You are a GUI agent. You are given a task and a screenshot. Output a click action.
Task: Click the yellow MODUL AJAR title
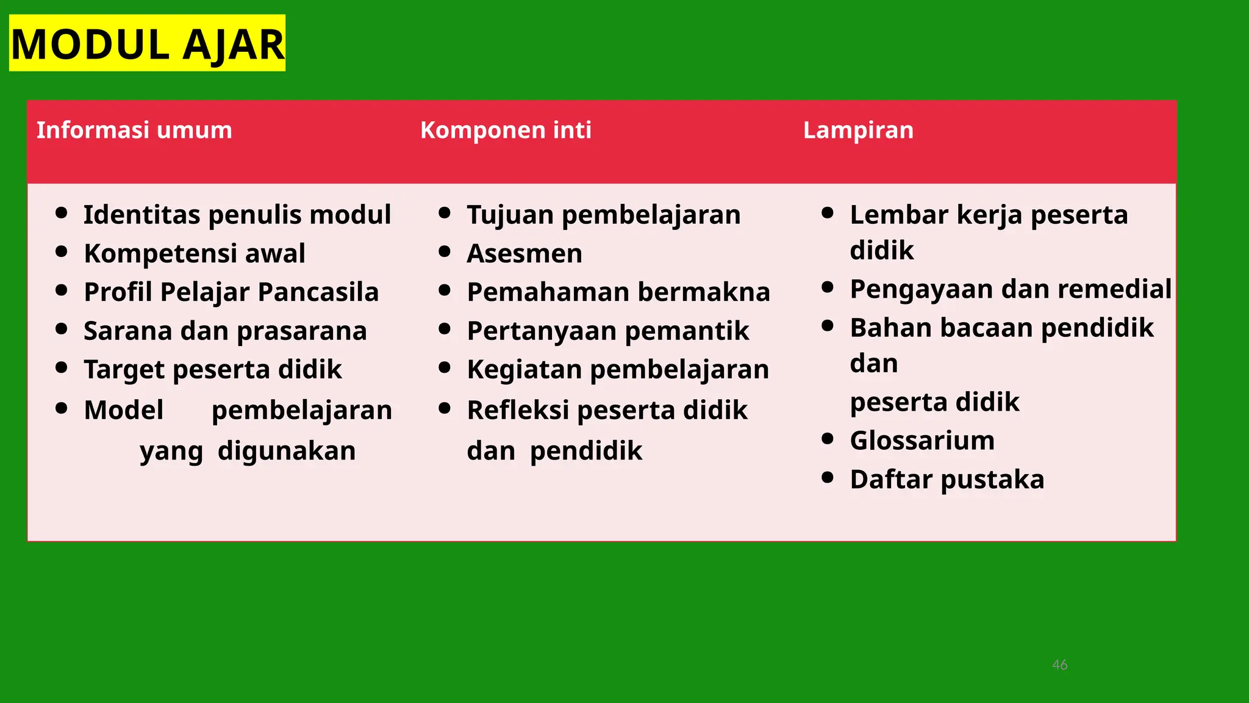147,44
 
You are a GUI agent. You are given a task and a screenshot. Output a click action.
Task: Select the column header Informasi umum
134,130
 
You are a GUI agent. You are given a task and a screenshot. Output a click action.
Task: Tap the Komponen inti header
506,130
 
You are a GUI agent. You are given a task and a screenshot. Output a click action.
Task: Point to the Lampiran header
858,130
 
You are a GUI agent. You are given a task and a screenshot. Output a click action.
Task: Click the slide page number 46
1059,665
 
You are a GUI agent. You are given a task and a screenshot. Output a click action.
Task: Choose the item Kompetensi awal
195,253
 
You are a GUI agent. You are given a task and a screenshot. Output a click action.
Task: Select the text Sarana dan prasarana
225,331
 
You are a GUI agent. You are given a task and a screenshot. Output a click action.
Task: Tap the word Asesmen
524,253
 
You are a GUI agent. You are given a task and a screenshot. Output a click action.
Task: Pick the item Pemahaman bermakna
618,292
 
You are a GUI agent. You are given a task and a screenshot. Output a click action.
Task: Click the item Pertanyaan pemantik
607,331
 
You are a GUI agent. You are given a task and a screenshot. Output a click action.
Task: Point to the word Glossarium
922,440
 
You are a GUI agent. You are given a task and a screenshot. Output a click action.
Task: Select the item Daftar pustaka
947,479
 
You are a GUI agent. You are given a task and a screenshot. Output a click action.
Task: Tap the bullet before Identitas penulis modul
61,213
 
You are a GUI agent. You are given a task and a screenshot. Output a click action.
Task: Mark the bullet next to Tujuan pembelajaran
444,213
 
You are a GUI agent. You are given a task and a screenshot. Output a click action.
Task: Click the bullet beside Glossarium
828,439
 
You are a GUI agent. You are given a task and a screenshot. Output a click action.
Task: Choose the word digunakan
287,451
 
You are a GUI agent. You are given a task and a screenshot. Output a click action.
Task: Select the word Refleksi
518,410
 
